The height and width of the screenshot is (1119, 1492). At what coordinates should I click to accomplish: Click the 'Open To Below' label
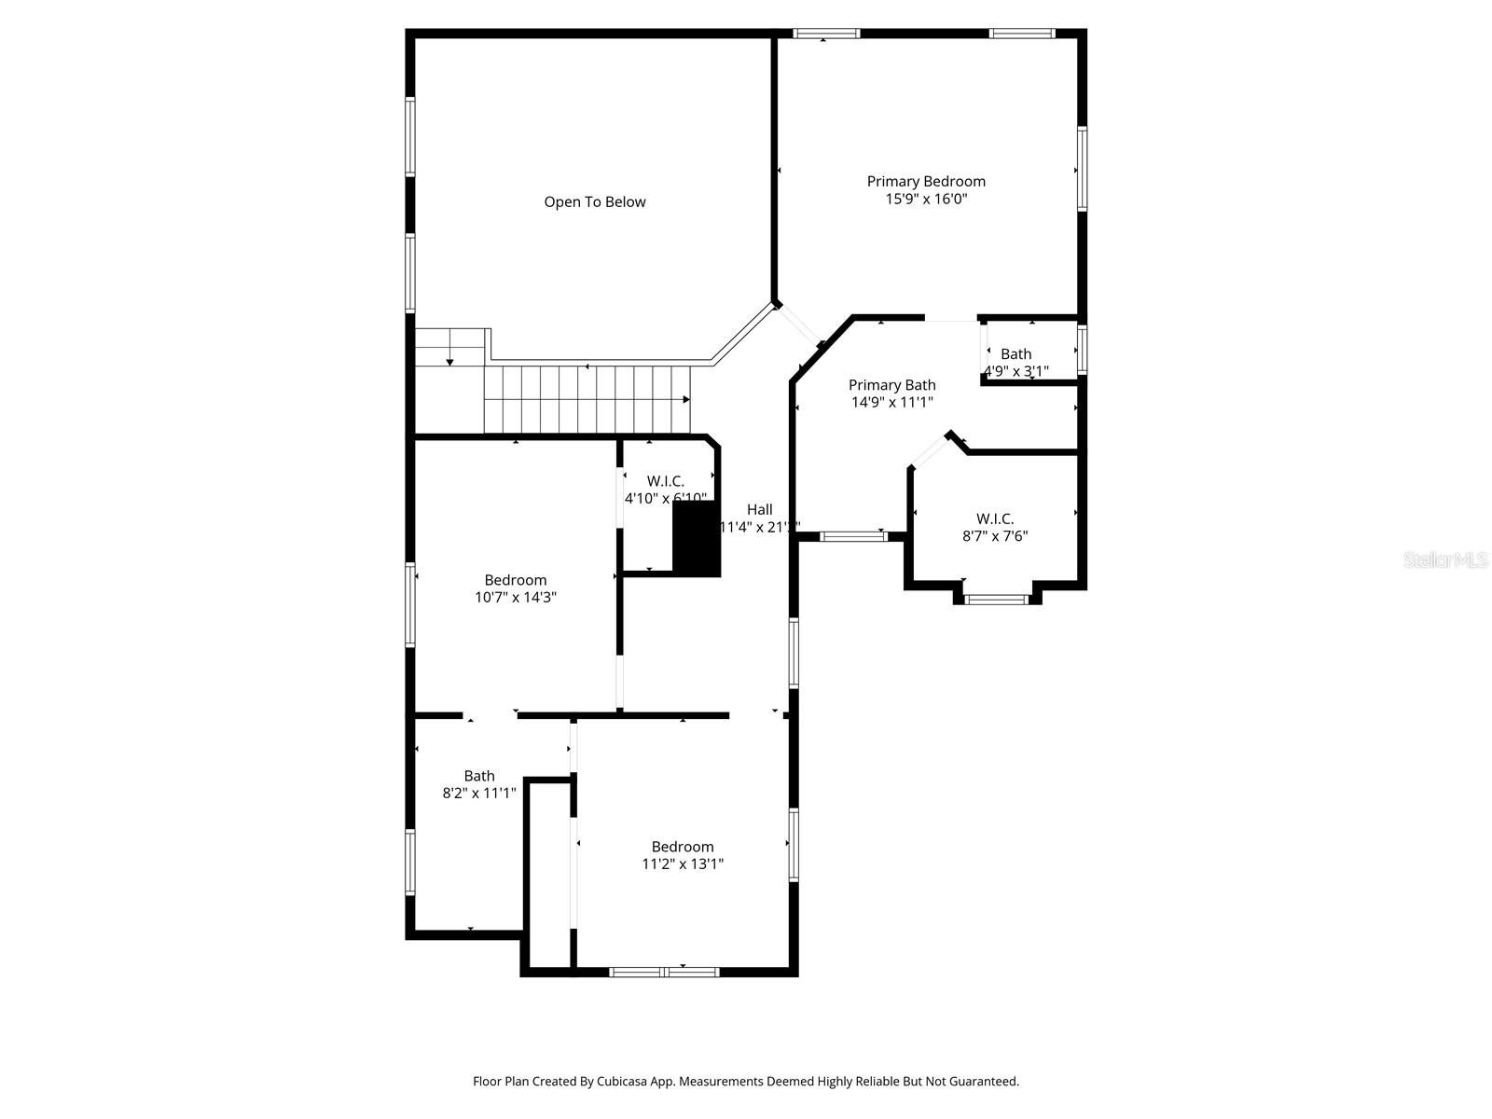[594, 201]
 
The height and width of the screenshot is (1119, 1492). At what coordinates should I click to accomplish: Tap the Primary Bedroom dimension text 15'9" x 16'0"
[926, 199]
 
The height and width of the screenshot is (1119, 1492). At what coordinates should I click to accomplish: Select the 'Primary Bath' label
[891, 385]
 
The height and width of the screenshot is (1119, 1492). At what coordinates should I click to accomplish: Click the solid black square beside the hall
[697, 539]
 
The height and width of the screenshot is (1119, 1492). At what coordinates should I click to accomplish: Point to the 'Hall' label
[759, 509]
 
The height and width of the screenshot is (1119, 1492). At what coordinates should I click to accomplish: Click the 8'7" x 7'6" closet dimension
[995, 536]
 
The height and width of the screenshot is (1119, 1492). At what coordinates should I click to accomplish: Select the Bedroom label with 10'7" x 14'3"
[515, 580]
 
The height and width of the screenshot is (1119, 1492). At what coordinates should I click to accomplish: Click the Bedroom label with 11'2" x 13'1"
[683, 847]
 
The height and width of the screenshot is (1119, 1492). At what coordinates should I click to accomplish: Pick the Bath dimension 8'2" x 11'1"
[478, 794]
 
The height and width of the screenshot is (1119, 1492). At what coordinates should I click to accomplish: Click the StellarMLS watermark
[1445, 560]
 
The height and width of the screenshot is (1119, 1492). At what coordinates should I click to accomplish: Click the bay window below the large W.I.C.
[996, 599]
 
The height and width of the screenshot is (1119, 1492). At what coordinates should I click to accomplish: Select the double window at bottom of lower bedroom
[664, 972]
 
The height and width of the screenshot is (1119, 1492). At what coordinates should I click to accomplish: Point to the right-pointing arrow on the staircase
[685, 400]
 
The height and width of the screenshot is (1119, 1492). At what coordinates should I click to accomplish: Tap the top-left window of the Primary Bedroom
[826, 34]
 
